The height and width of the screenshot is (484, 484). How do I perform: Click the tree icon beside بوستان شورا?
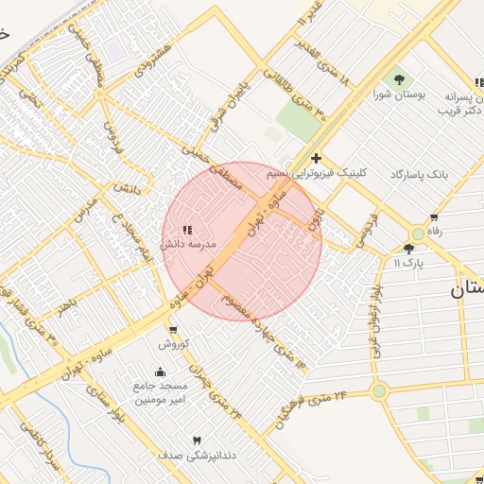coord(399,78)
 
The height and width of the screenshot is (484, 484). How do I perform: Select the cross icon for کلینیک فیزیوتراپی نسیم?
coord(316,158)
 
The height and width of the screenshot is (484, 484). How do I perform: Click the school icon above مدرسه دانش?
coord(186,230)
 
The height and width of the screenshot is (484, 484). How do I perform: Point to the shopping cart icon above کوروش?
coord(173,329)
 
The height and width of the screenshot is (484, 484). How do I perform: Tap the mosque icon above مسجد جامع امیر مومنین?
coord(159,372)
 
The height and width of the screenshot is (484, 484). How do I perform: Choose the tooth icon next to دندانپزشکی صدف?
coord(197,441)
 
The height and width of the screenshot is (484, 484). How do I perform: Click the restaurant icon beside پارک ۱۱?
coord(408,249)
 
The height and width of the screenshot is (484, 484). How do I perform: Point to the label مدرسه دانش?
coord(189,244)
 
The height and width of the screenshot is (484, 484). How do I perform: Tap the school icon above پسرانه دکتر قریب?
coord(478,83)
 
